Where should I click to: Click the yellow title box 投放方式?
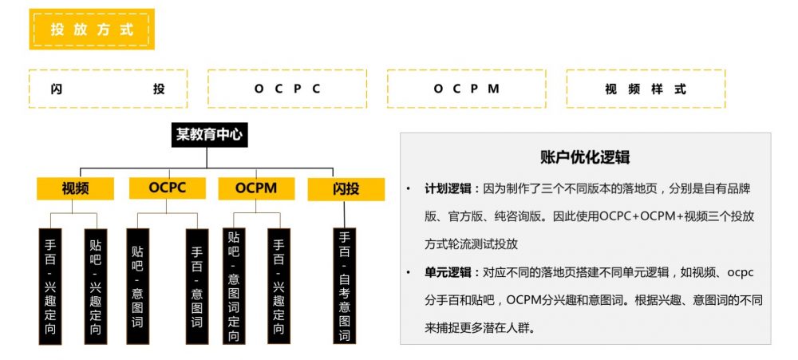point(91,30)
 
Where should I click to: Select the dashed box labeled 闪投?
point(108,89)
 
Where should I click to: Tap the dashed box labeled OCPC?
point(287,89)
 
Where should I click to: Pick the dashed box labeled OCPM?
point(467,89)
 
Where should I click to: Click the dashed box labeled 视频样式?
point(646,89)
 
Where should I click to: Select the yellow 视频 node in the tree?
point(75,188)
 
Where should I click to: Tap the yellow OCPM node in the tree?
point(256,188)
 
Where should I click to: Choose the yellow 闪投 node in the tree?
point(346,189)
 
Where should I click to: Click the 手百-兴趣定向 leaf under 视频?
point(50,286)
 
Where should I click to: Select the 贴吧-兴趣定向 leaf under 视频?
point(96,286)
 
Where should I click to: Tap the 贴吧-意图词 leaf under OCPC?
point(138,286)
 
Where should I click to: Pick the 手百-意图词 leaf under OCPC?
point(197,286)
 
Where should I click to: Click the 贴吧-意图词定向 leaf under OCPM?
point(233,286)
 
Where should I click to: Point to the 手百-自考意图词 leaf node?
point(345,286)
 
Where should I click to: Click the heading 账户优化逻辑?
point(585,156)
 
